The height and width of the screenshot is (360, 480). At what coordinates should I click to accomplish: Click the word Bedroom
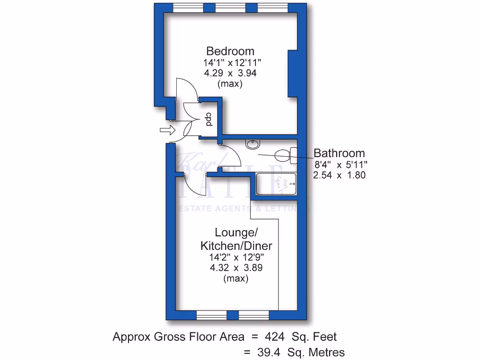231,51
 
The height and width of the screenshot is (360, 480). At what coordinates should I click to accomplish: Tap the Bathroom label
339,153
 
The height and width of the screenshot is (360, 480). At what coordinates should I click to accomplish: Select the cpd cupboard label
209,120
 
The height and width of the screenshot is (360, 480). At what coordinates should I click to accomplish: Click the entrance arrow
166,130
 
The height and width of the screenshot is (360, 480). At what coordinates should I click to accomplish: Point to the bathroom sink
253,144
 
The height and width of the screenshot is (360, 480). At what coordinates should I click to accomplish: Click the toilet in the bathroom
285,154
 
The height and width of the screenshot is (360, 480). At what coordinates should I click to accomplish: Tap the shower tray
277,184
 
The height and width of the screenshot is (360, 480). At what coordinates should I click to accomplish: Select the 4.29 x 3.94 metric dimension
230,74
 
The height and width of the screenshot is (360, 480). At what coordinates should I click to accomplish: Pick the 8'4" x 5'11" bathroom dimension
340,165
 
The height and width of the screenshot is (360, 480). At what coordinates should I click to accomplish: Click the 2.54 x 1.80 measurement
339,175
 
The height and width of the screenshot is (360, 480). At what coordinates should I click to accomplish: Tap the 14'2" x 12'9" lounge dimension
236,257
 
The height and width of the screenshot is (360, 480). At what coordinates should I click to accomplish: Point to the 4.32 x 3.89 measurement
236,268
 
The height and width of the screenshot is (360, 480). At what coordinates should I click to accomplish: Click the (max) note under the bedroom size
230,84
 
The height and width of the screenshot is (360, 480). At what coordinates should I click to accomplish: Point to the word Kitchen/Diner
236,246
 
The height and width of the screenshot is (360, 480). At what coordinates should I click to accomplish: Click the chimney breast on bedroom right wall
294,73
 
